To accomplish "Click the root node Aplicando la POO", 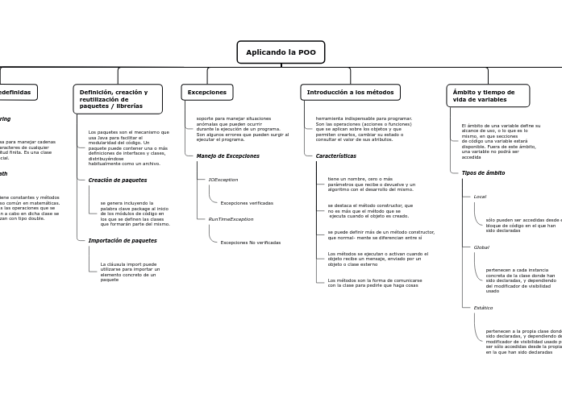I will pos(281,52).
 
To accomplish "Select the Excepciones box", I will pos(207,93).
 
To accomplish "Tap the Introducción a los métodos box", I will pos(350,93).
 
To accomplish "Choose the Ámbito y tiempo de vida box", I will pos(488,96).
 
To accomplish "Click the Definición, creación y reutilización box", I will pos(118,99).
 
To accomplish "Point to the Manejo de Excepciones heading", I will pos(228,156).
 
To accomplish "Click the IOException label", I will pos(223,180).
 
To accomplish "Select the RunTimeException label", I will pos(231,219).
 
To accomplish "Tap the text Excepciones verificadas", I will pos(247,203).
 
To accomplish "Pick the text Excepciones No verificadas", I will pos(251,243).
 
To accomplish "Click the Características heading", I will pos(335,156).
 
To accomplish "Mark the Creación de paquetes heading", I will pos(118,180).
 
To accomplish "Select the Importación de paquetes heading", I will pos(123,240).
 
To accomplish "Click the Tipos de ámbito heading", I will pos(483,172).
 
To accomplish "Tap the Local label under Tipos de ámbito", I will pos(480,197).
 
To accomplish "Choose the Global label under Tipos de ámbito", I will pos(481,247).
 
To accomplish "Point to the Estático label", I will pos(483,308).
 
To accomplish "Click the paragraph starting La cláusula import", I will pos(130,272).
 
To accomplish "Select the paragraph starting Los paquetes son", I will pos(128,147).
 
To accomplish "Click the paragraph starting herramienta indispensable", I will pos(364,129).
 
